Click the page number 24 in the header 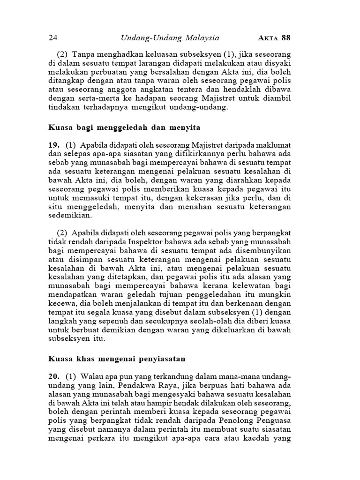(x=52, y=38)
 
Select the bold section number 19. (x=53, y=145)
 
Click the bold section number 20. (x=53, y=377)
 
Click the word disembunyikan (x=260, y=251)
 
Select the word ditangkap (x=66, y=81)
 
